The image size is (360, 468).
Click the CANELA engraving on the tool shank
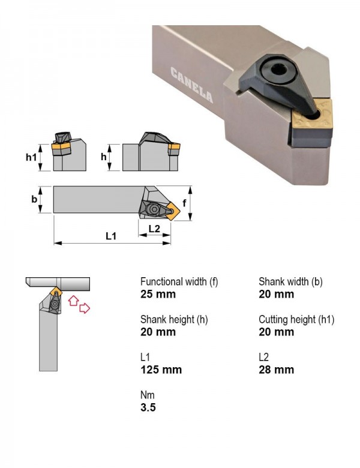(x=191, y=85)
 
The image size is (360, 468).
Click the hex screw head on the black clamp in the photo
(x=278, y=71)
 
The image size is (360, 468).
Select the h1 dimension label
(x=31, y=157)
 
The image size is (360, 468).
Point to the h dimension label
(x=104, y=157)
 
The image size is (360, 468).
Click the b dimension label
(x=34, y=199)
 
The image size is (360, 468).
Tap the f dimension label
(x=184, y=203)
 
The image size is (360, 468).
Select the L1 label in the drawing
(x=111, y=236)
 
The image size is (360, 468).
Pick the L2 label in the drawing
(x=154, y=229)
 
